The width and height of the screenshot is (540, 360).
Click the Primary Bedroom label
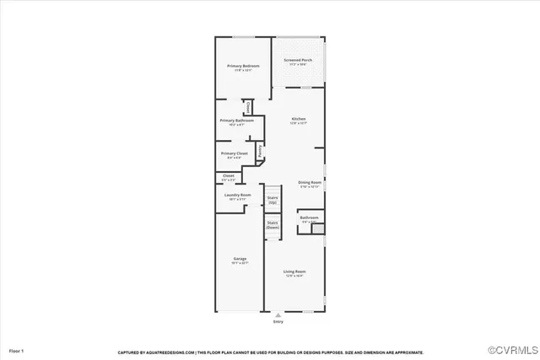pos(242,66)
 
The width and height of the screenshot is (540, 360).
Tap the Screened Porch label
pos(298,61)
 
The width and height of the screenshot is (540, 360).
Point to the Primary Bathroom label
pos(237,121)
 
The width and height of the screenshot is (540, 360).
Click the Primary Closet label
pos(234,153)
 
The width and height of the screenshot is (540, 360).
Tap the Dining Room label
pos(310,182)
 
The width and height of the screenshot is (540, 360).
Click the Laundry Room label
pos(237,196)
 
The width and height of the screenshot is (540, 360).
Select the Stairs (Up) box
pos(273,200)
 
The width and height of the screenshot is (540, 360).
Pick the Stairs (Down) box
pos(273,225)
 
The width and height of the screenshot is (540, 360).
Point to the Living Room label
pos(294,271)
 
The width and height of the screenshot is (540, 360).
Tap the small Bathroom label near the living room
pos(309,219)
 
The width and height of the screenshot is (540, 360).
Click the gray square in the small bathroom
pos(317,228)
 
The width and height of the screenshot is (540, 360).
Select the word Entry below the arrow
pos(278,321)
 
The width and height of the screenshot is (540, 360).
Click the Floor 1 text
pos(17,350)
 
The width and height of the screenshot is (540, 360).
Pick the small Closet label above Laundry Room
pos(228,175)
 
